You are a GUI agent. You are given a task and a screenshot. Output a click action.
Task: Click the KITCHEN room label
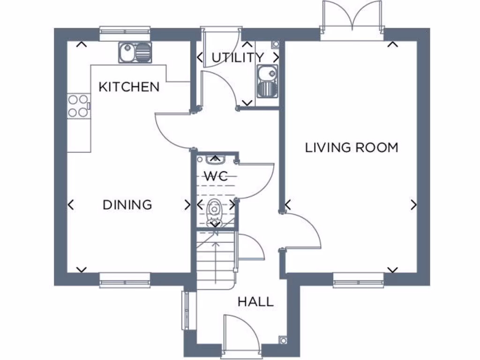(129, 87)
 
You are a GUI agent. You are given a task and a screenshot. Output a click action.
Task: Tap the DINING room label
(127, 205)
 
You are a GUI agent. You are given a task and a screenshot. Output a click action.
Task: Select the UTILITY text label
(238, 58)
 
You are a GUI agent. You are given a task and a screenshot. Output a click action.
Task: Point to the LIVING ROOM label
(352, 148)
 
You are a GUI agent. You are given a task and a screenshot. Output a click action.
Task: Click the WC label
(216, 177)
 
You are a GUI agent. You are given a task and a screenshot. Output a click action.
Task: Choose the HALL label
(255, 301)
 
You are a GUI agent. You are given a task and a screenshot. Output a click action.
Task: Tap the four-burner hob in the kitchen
(78, 106)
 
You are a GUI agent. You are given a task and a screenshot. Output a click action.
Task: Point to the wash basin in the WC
(215, 160)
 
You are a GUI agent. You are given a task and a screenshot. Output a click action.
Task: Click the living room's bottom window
(359, 282)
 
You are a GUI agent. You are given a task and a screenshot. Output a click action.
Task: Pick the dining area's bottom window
(125, 282)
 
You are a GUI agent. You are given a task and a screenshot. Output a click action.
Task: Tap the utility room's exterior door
(220, 47)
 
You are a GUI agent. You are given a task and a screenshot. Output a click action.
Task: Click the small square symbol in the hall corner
(282, 339)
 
